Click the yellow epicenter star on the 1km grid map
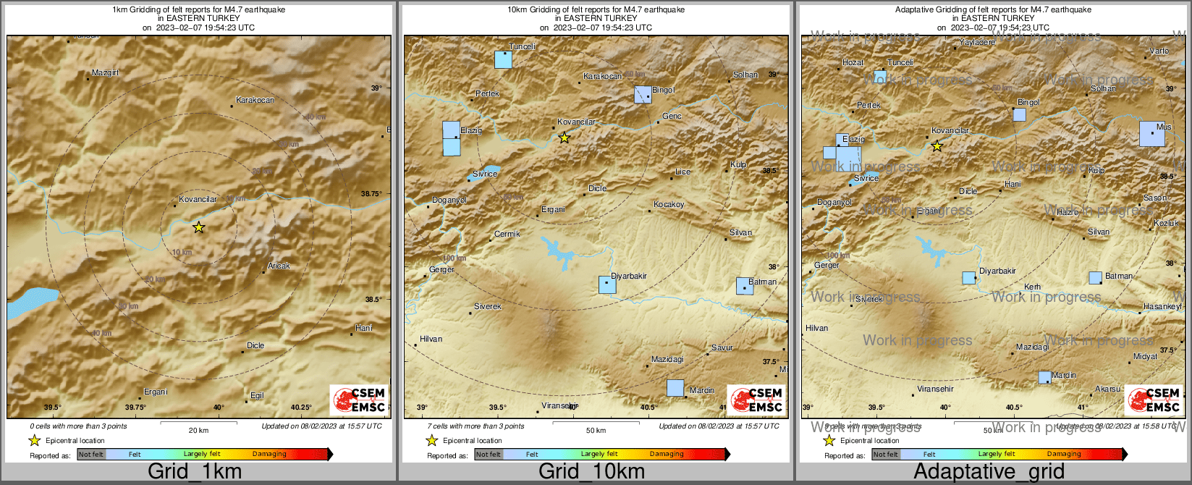pyautogui.click(x=199, y=227)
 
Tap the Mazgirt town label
pyautogui.click(x=106, y=73)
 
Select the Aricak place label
pyautogui.click(x=279, y=266)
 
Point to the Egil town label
pyautogui.click(x=257, y=396)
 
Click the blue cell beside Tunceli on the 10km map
pyautogui.click(x=503, y=59)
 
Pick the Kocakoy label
pyautogui.click(x=669, y=205)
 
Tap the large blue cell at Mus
pyautogui.click(x=1152, y=134)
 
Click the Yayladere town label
pyautogui.click(x=977, y=43)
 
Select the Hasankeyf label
pyautogui.click(x=1162, y=307)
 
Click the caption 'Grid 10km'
pyautogui.click(x=591, y=472)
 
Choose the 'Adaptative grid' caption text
pyautogui.click(x=989, y=472)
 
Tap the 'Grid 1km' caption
pyautogui.click(x=195, y=472)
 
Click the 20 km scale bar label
pyautogui.click(x=198, y=431)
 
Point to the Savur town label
pyautogui.click(x=722, y=348)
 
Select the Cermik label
pyautogui.click(x=507, y=235)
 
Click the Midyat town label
pyautogui.click(x=1146, y=357)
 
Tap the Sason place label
pyautogui.click(x=1155, y=198)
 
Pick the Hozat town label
pyautogui.click(x=853, y=63)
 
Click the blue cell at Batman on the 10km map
pyautogui.click(x=745, y=286)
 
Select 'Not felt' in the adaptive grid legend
pyautogui.click(x=885, y=455)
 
